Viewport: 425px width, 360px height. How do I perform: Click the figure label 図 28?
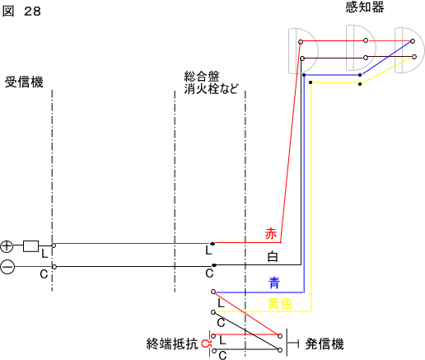pos(21,12)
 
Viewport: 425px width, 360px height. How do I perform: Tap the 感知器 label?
pos(365,7)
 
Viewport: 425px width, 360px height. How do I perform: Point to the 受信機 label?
pos(24,82)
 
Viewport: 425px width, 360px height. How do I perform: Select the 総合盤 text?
pos(202,76)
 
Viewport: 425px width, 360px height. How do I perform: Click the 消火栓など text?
pos(211,88)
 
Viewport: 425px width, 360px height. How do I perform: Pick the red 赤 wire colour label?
pos(271,234)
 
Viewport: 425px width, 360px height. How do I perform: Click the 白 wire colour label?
pos(273,257)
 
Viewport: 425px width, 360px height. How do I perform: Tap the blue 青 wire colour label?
pos(274,283)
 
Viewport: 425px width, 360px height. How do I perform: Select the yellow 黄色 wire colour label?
pos(279,304)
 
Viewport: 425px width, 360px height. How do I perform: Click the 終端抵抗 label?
pos(172,344)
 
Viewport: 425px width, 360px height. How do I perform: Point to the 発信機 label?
pos(325,344)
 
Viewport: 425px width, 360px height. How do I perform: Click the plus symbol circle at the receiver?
pos(7,246)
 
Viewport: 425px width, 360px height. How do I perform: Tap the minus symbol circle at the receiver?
pos(7,267)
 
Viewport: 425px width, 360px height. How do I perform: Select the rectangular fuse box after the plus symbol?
pos(30,246)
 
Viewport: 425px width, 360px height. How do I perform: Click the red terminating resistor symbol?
pos(207,344)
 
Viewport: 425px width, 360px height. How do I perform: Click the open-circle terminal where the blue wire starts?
pos(213,292)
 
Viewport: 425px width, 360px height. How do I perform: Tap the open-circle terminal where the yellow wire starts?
pos(213,312)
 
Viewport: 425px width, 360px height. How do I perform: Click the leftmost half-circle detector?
pos(303,51)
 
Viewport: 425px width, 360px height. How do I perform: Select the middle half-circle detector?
pos(361,48)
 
